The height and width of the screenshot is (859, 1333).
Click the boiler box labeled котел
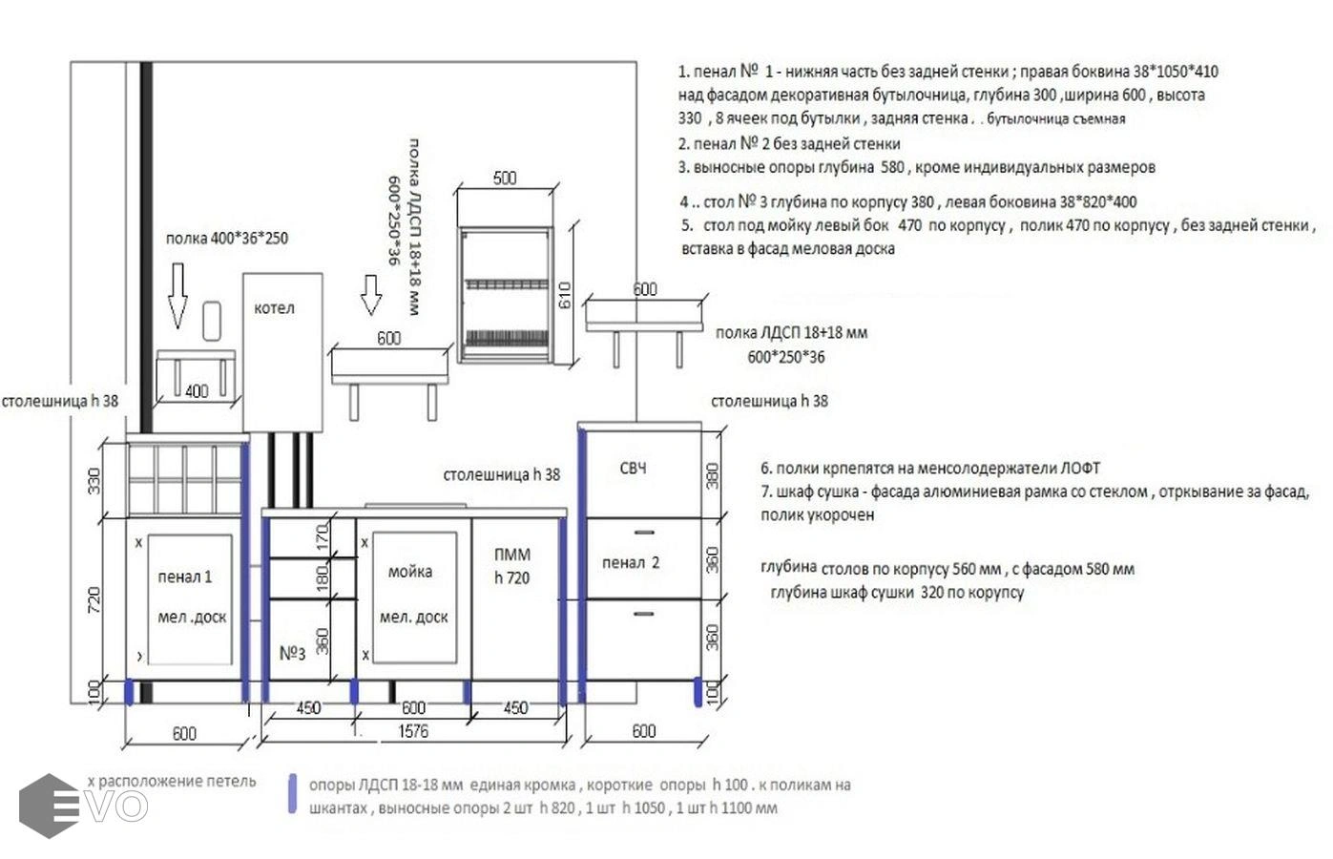(282, 352)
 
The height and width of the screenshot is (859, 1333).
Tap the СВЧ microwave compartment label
(633, 469)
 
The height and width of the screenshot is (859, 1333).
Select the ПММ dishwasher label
(512, 555)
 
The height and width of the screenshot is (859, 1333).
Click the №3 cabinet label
(292, 654)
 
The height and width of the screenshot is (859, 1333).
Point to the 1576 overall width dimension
(413, 731)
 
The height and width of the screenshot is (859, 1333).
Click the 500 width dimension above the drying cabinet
(505, 178)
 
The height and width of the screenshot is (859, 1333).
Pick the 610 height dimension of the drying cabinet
(564, 296)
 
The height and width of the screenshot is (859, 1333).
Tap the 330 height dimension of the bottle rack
(94, 481)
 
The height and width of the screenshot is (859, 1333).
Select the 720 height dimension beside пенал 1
(94, 600)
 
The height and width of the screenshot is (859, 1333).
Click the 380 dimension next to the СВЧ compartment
(713, 475)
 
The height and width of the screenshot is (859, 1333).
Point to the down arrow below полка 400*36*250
(177, 296)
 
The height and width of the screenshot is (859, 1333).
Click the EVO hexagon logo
(49, 806)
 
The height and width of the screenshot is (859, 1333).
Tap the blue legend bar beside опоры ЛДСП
(292, 793)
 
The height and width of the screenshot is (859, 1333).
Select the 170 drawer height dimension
(323, 537)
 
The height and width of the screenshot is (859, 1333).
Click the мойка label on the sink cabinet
(410, 572)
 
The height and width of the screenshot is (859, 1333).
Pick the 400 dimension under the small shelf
(197, 391)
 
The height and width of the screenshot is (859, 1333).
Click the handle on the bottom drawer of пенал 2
(644, 614)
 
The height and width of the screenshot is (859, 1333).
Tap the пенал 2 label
(631, 562)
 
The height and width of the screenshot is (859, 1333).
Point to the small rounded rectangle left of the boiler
(212, 322)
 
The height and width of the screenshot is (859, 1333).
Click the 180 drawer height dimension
(323, 578)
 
